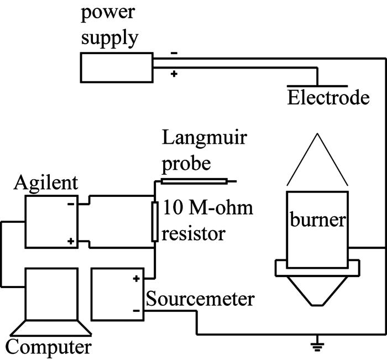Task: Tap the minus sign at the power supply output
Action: (x=174, y=54)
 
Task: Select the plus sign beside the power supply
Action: (x=174, y=74)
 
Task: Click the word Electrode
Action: (x=328, y=98)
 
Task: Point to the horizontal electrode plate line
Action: (x=317, y=86)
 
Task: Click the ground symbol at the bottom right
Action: (x=316, y=347)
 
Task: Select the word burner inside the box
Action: (x=317, y=221)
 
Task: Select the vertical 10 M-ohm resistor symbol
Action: (x=155, y=222)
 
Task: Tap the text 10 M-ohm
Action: (x=207, y=209)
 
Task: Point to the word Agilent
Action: (x=47, y=182)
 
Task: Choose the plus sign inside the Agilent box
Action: (x=71, y=242)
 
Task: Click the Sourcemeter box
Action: (x=117, y=294)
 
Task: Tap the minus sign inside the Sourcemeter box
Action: (x=136, y=311)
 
